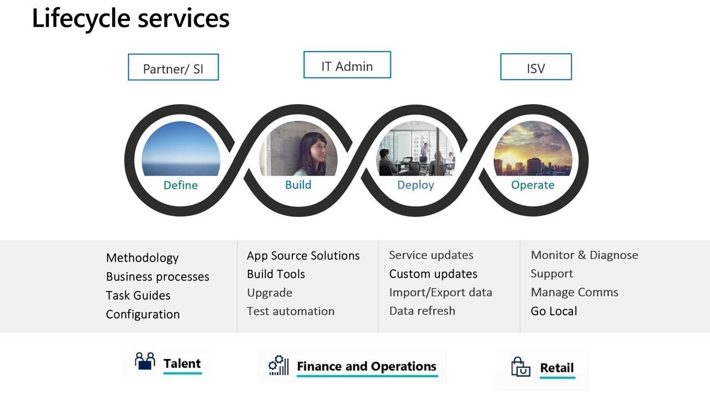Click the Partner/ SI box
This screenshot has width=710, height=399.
174,67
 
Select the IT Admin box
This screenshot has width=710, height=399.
347,65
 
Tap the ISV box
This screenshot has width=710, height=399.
536,67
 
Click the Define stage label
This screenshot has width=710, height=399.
181,185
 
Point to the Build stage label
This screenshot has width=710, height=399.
298,185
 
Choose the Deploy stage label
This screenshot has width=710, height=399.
415,185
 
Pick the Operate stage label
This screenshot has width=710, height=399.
533,185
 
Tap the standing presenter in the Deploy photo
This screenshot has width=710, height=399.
424,150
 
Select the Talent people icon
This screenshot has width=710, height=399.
145,361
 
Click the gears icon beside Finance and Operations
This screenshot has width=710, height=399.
278,365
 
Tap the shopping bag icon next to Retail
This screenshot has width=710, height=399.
520,367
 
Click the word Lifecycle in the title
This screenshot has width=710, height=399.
81,19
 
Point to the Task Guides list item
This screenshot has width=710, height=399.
138,295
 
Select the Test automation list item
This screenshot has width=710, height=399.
291,311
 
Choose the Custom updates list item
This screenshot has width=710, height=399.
433,274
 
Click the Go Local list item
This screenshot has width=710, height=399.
554,311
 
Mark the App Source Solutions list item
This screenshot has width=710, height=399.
303,255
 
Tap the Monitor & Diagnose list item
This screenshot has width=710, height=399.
585,255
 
